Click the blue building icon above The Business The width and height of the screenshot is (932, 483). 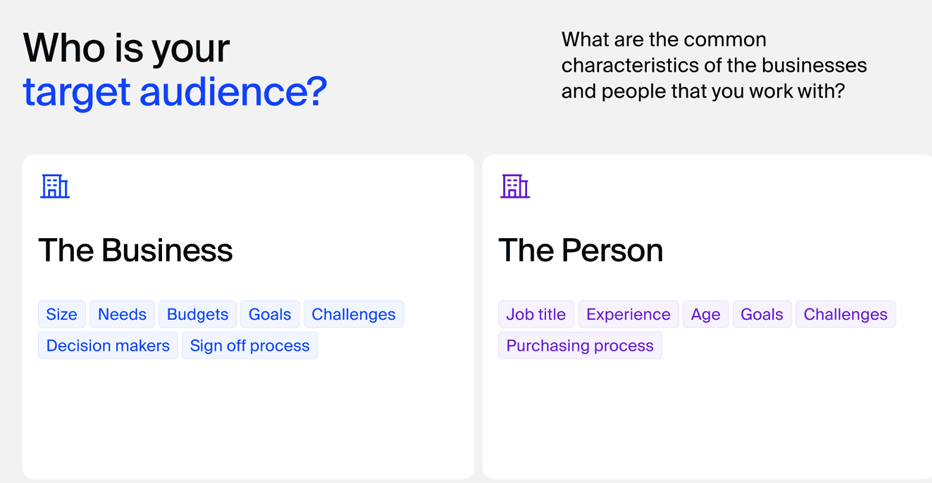(55, 186)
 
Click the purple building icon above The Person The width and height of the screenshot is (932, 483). (515, 186)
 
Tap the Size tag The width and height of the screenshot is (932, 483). (61, 314)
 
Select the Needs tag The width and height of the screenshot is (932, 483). (122, 314)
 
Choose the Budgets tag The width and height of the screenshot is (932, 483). (198, 314)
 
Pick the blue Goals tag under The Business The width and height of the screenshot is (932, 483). (270, 314)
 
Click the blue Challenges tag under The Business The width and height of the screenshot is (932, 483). (354, 314)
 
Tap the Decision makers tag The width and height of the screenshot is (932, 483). (108, 345)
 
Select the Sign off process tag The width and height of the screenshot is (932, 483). (250, 345)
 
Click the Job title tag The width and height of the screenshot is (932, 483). (536, 314)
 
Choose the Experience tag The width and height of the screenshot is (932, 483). (629, 314)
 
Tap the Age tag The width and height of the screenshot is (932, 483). (706, 314)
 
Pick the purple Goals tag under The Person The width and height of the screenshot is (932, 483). (762, 314)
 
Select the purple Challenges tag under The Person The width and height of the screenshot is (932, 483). (846, 314)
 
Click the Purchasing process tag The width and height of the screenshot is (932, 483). (580, 345)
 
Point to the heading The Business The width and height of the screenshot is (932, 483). (136, 251)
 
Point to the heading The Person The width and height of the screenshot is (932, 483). (581, 251)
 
